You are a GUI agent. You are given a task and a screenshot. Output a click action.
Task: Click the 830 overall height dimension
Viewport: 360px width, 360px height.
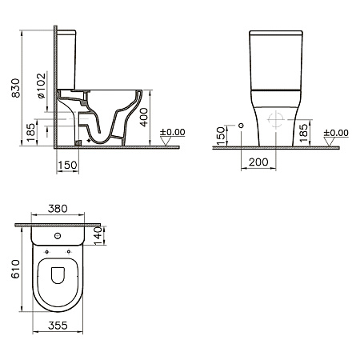(16, 88)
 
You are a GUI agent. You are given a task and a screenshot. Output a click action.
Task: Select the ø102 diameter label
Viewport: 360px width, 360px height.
(42, 86)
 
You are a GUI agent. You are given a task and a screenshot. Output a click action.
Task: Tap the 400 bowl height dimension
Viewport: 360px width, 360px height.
(144, 117)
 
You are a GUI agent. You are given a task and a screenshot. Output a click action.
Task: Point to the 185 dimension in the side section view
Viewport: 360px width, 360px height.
(31, 133)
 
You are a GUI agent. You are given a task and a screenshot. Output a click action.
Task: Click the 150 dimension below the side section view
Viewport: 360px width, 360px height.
(67, 165)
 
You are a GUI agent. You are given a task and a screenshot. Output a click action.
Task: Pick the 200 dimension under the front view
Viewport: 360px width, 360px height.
(258, 162)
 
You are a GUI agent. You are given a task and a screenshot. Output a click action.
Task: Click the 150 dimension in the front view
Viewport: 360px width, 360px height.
(221, 136)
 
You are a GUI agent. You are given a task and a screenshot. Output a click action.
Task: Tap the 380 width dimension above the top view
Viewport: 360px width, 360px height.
(58, 209)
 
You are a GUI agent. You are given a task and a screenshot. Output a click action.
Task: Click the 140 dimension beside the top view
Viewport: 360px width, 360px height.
(98, 236)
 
